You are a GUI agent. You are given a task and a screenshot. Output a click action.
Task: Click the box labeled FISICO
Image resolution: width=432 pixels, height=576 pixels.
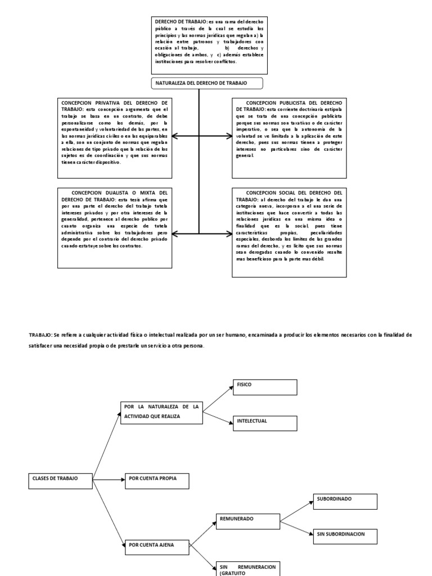coord(264,388)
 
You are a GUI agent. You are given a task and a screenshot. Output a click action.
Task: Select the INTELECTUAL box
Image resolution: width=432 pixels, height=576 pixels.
coord(264,424)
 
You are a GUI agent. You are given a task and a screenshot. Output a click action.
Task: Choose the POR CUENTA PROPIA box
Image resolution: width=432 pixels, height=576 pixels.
coord(157,480)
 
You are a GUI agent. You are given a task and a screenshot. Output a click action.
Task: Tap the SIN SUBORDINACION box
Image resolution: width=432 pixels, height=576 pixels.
coord(345,536)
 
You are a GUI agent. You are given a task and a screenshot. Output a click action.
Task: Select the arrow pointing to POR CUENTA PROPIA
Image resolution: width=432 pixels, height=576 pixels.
coord(110,480)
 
